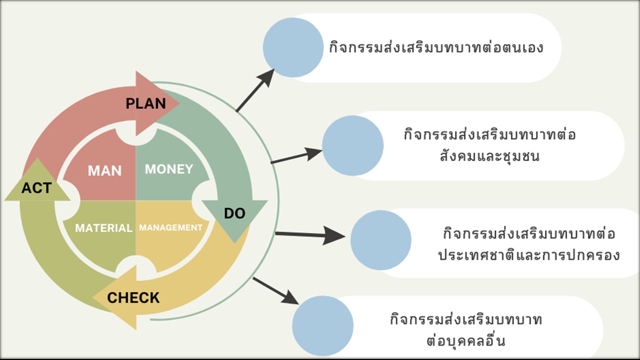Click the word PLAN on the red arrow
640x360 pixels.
[145, 103]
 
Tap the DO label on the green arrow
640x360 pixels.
[234, 213]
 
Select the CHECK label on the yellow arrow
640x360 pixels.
[133, 298]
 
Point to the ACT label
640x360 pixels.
[36, 188]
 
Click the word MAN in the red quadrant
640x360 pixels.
[104, 170]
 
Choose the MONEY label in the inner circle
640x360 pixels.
[169, 169]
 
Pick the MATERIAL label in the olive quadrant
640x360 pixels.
[103, 228]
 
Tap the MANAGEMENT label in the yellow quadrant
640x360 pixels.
[170, 227]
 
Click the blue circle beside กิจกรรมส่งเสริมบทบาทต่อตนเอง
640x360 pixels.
[293, 47]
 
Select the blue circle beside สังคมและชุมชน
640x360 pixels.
[352, 145]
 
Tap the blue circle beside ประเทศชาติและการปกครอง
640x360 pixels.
[380, 240]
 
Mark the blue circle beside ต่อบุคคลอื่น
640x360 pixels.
[322, 325]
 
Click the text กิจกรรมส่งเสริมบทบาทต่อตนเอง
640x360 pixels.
[436, 48]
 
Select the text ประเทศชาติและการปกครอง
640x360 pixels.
[529, 255]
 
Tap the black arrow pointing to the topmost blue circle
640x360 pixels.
[255, 90]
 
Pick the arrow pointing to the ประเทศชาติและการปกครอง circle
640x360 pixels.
[310, 234]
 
